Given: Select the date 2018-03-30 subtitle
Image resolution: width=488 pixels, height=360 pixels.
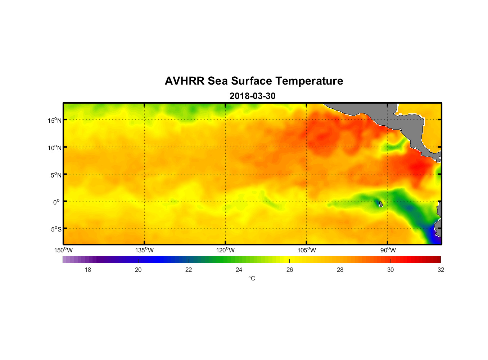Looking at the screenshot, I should pyautogui.click(x=252, y=96).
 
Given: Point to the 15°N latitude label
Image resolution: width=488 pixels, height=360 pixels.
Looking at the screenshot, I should pyautogui.click(x=55, y=120).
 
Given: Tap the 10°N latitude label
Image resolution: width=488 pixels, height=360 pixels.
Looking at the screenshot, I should pyautogui.click(x=55, y=148).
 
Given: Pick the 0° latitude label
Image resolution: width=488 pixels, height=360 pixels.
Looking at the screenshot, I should pyautogui.click(x=57, y=202).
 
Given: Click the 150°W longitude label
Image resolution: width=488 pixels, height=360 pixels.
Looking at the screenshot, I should pyautogui.click(x=63, y=250).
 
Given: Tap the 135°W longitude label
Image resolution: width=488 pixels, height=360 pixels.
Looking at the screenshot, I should pyautogui.click(x=144, y=250).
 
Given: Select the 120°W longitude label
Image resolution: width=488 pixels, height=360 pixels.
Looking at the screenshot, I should pyautogui.click(x=225, y=250).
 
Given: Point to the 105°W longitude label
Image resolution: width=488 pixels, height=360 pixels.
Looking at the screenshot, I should pyautogui.click(x=307, y=250).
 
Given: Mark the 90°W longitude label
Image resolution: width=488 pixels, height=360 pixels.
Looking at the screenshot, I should pyautogui.click(x=388, y=250).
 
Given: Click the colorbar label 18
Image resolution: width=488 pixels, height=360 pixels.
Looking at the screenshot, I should pyautogui.click(x=88, y=270).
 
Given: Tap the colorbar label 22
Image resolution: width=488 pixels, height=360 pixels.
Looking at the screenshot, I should pyautogui.click(x=189, y=270).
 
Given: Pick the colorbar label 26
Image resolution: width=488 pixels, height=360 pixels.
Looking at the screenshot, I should pyautogui.click(x=290, y=270).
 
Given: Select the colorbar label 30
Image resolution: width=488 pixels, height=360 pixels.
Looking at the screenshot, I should pyautogui.click(x=390, y=270).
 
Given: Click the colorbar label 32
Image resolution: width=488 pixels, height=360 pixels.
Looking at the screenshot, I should pyautogui.click(x=441, y=270).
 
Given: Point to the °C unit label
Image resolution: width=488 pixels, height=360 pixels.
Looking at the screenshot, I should pyautogui.click(x=252, y=278).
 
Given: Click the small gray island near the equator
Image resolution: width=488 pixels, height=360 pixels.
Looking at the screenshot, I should pyautogui.click(x=380, y=204).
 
